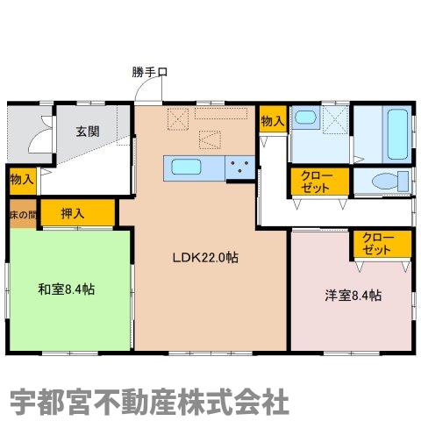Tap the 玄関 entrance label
click(87, 132)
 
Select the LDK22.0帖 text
click(205, 258)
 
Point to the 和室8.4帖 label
click(66, 289)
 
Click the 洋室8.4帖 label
click(352, 295)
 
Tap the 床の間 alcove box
click(22, 213)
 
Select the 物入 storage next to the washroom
click(272, 122)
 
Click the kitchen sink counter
click(189, 168)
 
